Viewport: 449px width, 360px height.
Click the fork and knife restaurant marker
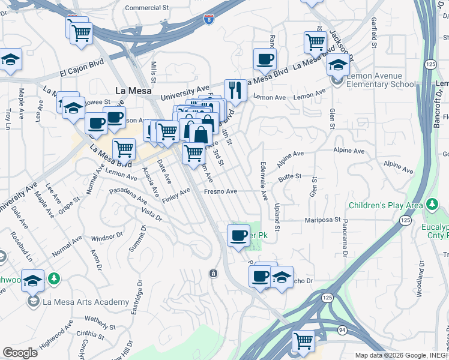click(235, 91)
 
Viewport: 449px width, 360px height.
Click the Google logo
click(20, 352)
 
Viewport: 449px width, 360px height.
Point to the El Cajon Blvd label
click(82, 67)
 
